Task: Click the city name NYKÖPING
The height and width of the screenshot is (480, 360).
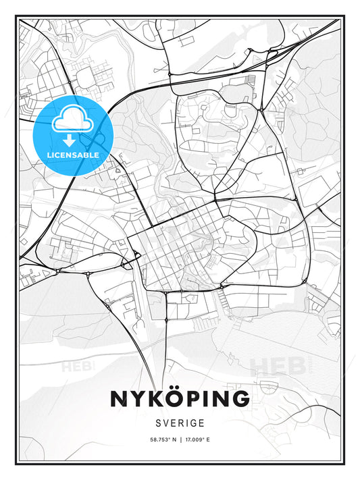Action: pos(180,398)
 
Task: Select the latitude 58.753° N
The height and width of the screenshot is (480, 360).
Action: pos(161,439)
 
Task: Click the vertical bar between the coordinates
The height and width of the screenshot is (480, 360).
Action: pos(180,439)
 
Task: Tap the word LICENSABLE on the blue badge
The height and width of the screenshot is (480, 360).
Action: pos(73,155)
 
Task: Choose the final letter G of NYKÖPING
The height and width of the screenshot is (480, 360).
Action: pos(240,398)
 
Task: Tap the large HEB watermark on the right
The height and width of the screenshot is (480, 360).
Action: pos(277,366)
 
